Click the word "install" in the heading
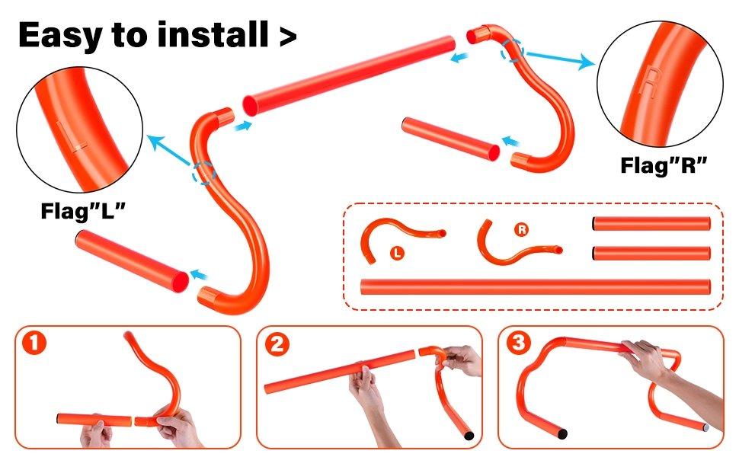(x=213, y=34)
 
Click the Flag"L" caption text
(x=83, y=210)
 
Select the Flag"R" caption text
(x=664, y=165)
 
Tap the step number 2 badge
(x=277, y=344)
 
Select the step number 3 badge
(x=518, y=343)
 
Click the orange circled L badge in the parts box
(x=397, y=253)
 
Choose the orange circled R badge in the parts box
(x=521, y=229)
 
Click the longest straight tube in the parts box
(x=536, y=287)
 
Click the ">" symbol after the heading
(x=288, y=37)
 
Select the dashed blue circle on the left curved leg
(x=203, y=172)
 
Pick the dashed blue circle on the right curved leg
(x=512, y=50)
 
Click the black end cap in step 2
(x=468, y=435)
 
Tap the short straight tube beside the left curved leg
(x=132, y=261)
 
